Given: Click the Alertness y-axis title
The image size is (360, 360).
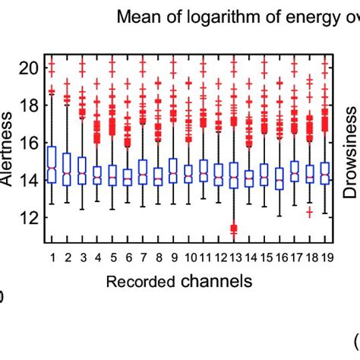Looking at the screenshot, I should [x=7, y=156].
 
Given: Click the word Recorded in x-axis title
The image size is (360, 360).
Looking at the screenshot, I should [x=141, y=283].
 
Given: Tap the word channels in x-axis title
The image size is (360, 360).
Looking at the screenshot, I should [x=217, y=282].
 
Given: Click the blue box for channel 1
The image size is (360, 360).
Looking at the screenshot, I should [x=52, y=165].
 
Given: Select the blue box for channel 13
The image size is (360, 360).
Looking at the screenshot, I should [x=234, y=175].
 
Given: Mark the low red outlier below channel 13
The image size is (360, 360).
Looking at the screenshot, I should [x=234, y=228].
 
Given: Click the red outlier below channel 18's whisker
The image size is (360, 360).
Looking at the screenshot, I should [x=310, y=213].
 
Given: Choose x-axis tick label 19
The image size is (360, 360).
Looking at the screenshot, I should [x=325, y=258].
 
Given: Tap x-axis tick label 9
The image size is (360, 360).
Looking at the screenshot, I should [x=173, y=258].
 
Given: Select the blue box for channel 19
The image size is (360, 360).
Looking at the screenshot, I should [x=325, y=173].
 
